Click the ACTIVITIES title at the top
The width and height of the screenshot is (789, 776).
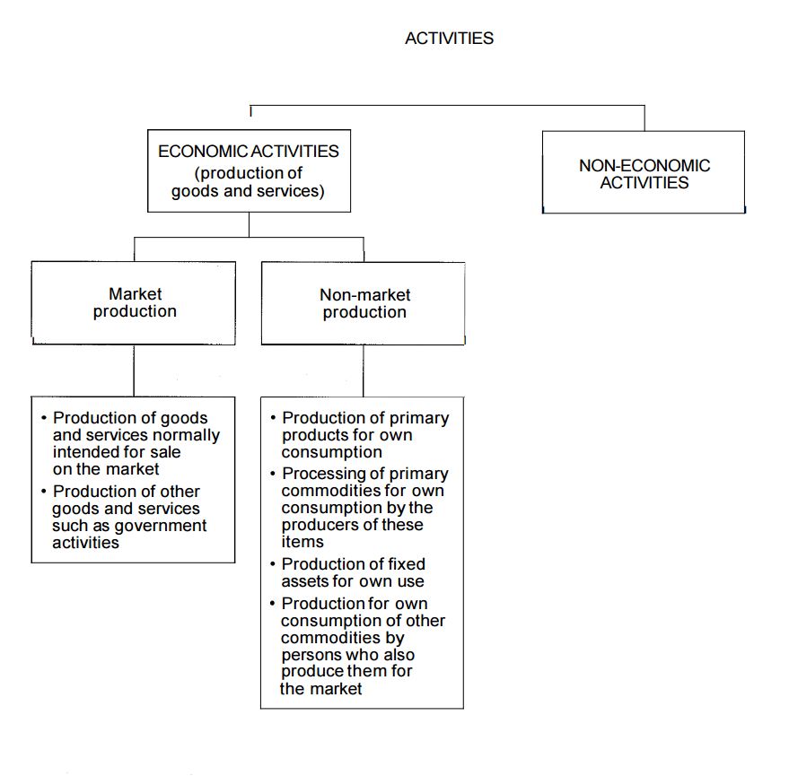pyautogui.click(x=449, y=39)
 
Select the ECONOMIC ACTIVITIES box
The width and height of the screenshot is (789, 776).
pyautogui.click(x=249, y=171)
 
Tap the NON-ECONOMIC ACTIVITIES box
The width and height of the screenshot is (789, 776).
pyautogui.click(x=644, y=173)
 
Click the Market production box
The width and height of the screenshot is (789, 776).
pyautogui.click(x=134, y=302)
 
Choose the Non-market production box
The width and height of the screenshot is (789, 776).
pyautogui.click(x=364, y=303)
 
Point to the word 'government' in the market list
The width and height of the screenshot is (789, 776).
pyautogui.click(x=163, y=526)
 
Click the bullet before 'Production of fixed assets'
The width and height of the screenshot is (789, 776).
pyautogui.click(x=273, y=565)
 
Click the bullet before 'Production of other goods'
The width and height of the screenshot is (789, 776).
pyautogui.click(x=43, y=492)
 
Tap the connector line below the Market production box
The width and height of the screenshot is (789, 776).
pyautogui.click(x=134, y=371)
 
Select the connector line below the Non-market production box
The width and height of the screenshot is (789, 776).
pyautogui.click(x=364, y=371)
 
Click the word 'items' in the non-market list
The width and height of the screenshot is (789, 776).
pyautogui.click(x=302, y=542)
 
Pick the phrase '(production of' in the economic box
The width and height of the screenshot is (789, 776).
pyautogui.click(x=248, y=173)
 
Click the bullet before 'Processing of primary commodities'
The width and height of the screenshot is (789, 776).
pyautogui.click(x=273, y=475)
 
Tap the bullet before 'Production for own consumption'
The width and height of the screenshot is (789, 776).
pyautogui.click(x=273, y=604)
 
